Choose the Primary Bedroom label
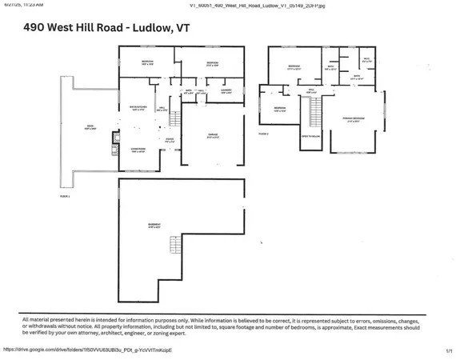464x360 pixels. (354, 119)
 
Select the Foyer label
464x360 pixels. (170, 140)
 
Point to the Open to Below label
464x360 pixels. (310, 137)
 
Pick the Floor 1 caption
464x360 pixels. (65, 196)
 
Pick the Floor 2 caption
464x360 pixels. (263, 134)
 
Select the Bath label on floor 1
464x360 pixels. (190, 92)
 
